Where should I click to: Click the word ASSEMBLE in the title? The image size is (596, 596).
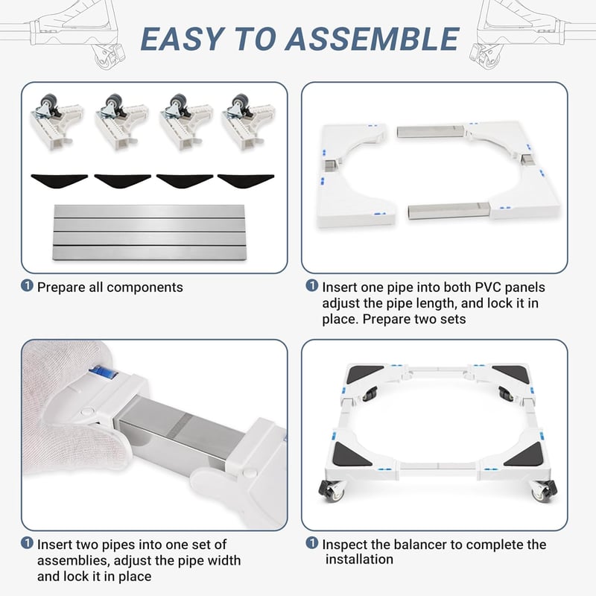[372, 39]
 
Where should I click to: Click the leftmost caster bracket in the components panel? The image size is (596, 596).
[57, 121]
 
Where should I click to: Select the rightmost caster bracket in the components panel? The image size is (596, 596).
[248, 121]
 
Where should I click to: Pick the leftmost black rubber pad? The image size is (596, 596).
[60, 180]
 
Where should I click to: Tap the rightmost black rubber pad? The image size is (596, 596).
[246, 180]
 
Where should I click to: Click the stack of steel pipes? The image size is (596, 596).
[149, 232]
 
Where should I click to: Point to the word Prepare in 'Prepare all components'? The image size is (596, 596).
[61, 288]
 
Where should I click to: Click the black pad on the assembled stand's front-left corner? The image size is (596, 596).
[351, 455]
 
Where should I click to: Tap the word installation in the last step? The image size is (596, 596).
[359, 559]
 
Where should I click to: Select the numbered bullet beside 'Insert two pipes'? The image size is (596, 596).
[27, 543]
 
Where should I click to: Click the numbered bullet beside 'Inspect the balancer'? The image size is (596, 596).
[311, 543]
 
